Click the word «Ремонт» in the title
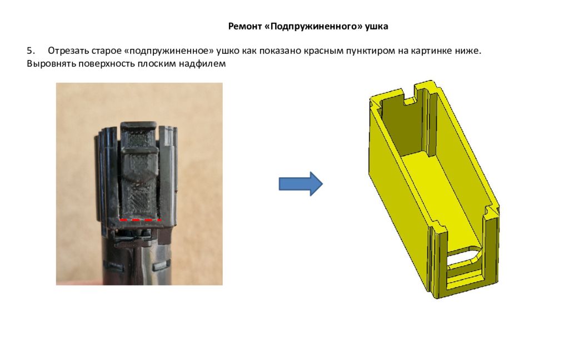pos(245,26)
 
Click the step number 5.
pos(31,51)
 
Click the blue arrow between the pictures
pos(301,184)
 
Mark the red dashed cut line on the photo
pos(141,220)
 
